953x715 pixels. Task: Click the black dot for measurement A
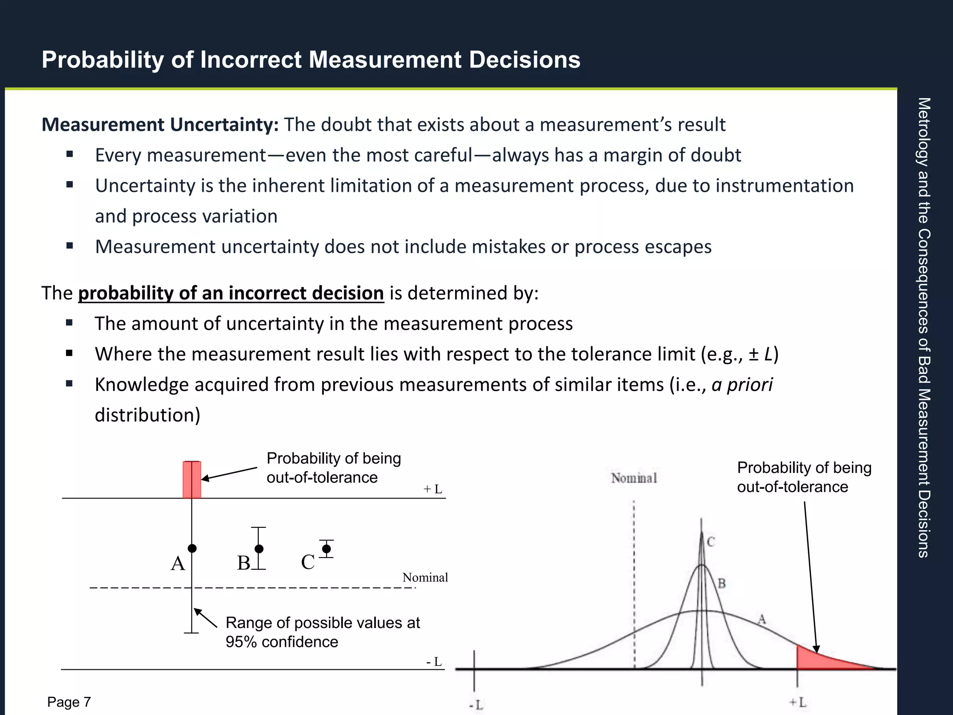pyautogui.click(x=192, y=548)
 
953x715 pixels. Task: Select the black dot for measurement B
pyautogui.click(x=259, y=549)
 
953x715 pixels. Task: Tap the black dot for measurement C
pyautogui.click(x=327, y=549)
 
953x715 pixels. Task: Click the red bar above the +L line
pyautogui.click(x=192, y=479)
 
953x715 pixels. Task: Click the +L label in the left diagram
pyautogui.click(x=433, y=489)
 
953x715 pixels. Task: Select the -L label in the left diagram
pyautogui.click(x=434, y=661)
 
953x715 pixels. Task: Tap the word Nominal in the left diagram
pyautogui.click(x=425, y=578)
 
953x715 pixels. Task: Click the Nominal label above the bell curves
pyautogui.click(x=634, y=478)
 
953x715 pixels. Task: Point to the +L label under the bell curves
pyautogui.click(x=798, y=702)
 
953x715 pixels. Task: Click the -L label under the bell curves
pyautogui.click(x=476, y=705)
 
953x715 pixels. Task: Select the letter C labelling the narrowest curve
pyautogui.click(x=711, y=542)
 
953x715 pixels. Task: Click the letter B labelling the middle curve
pyautogui.click(x=722, y=583)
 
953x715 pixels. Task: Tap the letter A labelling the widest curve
pyautogui.click(x=761, y=619)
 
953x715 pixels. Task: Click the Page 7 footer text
pyautogui.click(x=69, y=702)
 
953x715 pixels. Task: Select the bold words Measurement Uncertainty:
pyautogui.click(x=160, y=125)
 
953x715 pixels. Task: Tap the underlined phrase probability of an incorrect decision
pyautogui.click(x=231, y=293)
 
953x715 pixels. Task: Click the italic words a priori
pyautogui.click(x=742, y=385)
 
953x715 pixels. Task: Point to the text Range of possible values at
pyautogui.click(x=322, y=623)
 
